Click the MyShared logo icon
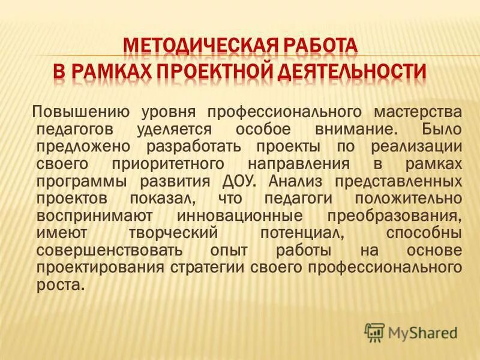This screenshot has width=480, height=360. [374, 331]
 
